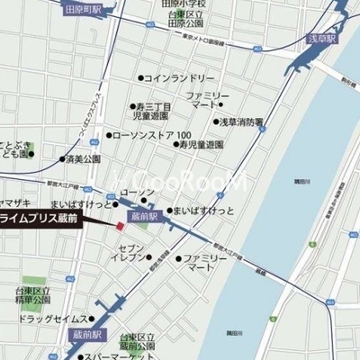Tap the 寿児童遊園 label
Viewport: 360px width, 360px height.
coord(200,144)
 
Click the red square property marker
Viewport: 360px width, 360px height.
coord(121,224)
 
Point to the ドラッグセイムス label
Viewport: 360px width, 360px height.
coord(52,319)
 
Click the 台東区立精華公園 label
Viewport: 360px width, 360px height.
coord(35,296)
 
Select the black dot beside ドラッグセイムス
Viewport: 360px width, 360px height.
coord(92,319)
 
